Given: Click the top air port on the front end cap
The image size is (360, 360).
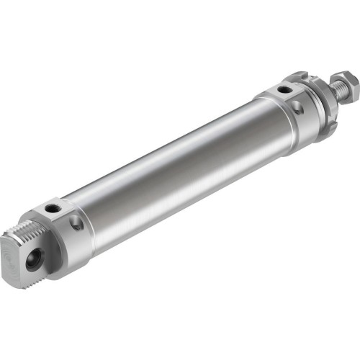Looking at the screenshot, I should pos(286,90).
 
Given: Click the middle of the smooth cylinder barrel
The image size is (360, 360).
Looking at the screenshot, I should pos(180,173).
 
